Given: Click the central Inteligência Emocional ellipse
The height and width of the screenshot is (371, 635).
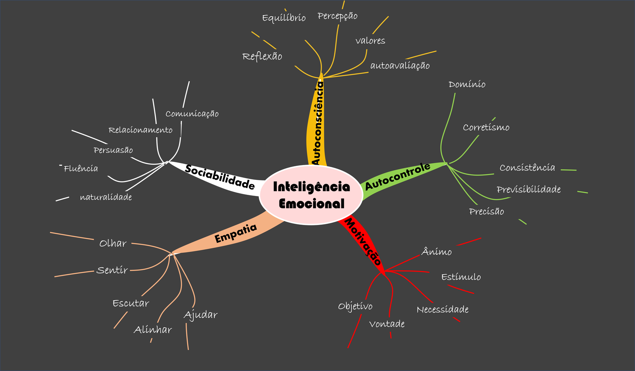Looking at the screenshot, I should pos(311,195).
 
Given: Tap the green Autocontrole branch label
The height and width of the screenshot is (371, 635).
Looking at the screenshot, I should pos(398,176).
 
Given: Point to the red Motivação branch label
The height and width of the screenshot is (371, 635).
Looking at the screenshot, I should pos(363,241).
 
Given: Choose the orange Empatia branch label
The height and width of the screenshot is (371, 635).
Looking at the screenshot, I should pos(236,233).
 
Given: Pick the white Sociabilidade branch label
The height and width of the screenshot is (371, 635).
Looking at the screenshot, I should pos(219,177).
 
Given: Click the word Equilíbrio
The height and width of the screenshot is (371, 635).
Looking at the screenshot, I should pos(284,18).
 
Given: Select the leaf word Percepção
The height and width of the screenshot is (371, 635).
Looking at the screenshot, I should pos(337,16).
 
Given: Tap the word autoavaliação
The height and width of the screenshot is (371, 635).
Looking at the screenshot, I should pos(400,66).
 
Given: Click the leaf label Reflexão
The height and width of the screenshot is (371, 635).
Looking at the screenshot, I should pos(262,56).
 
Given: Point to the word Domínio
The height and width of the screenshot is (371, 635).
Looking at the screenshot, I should pos(467,84).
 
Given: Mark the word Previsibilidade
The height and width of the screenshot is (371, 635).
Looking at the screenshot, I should pos(529,189).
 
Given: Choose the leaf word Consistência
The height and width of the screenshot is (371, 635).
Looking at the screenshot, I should pos(527,167).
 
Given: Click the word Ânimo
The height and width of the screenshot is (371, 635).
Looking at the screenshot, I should pos(436,252).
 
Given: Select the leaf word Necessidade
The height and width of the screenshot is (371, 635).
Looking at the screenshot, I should pos(443,309).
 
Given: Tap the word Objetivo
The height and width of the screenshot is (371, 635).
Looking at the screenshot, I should pos(355,306).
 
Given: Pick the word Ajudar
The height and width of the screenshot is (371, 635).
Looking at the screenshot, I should pos(200,315).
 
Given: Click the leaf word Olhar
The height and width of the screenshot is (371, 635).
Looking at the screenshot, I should pos(113,243).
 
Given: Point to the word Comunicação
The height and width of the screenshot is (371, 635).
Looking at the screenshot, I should pos(192,114).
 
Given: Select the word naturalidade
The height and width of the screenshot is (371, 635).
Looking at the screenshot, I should pos(106,197).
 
